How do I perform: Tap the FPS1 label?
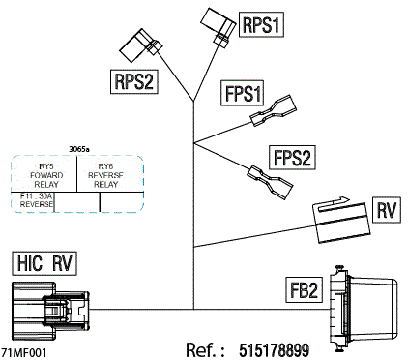(243, 95)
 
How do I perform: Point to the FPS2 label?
(292, 157)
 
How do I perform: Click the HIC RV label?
(44, 262)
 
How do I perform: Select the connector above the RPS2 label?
(140, 45)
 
